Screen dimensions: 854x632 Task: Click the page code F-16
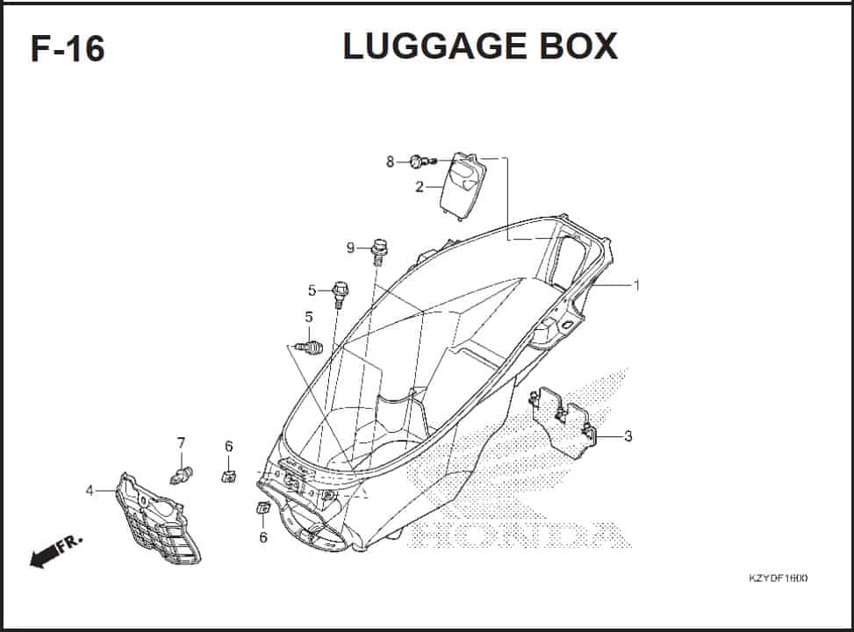[68, 48]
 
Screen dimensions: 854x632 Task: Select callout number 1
[635, 285]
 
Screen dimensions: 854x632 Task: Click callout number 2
[419, 187]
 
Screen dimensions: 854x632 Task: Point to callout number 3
[628, 436]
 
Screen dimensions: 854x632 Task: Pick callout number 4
[90, 491]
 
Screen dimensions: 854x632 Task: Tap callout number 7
[181, 443]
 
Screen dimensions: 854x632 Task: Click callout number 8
[390, 162]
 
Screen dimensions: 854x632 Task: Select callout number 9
[350, 248]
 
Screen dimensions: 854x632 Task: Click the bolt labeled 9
[378, 251]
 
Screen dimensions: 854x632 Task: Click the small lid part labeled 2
[463, 186]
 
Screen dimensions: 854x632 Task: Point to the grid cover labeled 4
[159, 518]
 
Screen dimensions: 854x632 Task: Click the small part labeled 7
[182, 475]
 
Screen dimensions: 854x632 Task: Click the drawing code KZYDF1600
[778, 578]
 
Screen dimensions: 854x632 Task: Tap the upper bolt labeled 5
[340, 294]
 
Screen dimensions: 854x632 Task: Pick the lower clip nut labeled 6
[263, 507]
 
